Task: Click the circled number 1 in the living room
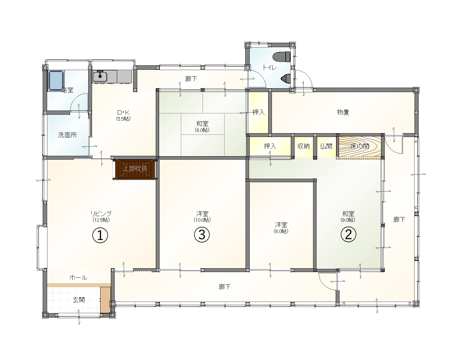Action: click(100, 235)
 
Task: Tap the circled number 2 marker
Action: click(348, 234)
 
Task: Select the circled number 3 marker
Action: click(202, 234)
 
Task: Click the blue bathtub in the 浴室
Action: click(56, 81)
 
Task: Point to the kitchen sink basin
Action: click(100, 77)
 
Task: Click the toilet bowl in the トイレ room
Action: click(282, 57)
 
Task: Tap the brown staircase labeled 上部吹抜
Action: click(135, 169)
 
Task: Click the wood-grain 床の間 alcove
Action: click(360, 146)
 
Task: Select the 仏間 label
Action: click(326, 146)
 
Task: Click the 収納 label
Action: click(304, 146)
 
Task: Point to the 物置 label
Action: click(343, 112)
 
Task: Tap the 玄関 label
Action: click(79, 300)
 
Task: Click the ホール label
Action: click(78, 278)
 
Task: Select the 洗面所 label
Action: click(67, 135)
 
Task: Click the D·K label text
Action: click(123, 112)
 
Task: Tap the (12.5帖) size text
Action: click(101, 220)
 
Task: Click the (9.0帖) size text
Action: click(348, 220)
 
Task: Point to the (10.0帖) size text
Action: click(202, 220)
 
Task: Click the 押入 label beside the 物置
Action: click(259, 112)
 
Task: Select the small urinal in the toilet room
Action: click(286, 79)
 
